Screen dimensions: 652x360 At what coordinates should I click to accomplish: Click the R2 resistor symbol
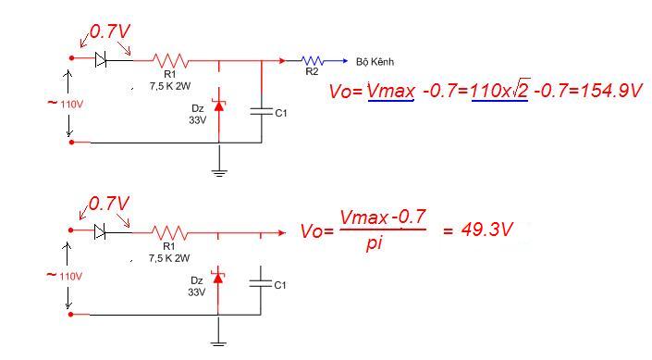click(312, 61)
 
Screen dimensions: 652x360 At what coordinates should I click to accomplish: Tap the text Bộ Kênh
click(375, 62)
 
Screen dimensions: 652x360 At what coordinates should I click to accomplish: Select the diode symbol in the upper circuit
click(101, 59)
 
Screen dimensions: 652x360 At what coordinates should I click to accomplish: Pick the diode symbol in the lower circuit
click(100, 231)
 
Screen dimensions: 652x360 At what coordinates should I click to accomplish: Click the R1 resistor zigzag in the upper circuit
click(170, 61)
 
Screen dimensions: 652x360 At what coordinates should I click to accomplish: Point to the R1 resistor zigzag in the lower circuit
click(169, 232)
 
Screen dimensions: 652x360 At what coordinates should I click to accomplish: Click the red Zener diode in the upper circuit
click(218, 106)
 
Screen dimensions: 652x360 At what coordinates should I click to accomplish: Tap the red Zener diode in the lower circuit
click(217, 278)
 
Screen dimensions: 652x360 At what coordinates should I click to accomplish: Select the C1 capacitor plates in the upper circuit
click(262, 112)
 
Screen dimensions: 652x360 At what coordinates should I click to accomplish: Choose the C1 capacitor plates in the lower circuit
click(261, 283)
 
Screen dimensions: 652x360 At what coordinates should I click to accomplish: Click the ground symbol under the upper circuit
click(219, 174)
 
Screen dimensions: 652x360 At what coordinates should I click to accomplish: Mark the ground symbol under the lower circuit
click(218, 343)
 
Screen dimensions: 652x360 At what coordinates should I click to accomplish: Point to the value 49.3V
click(486, 230)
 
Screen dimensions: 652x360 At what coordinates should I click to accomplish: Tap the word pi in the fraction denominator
click(375, 242)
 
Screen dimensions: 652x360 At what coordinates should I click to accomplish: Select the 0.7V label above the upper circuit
click(109, 32)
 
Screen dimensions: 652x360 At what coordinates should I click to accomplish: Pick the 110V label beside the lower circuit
click(70, 277)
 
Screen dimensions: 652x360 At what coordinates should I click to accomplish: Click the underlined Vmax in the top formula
click(391, 91)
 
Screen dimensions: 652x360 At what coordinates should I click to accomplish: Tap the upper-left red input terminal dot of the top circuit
click(71, 58)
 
